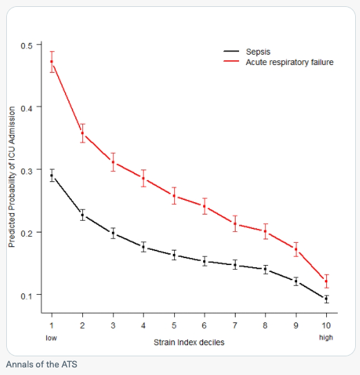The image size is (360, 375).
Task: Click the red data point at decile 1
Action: pos(52,62)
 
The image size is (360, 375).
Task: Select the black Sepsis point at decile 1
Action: pos(52,176)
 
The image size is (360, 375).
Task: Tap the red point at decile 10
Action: pos(326,281)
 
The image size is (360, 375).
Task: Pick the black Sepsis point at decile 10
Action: pos(326,299)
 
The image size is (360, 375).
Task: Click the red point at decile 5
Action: pos(174,196)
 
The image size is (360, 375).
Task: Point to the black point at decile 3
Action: pos(113,233)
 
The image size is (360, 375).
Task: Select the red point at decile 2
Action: pos(83,133)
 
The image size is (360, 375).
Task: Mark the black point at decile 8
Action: pos(265,268)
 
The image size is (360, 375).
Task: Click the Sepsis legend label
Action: pos(258,52)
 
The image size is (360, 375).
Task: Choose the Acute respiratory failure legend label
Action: pos(290,62)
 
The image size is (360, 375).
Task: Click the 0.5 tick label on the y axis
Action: pos(27,45)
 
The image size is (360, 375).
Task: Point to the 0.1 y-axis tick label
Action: pos(27,295)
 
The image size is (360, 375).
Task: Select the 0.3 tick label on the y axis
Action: pos(27,170)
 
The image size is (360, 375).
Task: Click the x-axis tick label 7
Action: pos(235,325)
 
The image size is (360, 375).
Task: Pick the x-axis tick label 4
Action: pos(144,325)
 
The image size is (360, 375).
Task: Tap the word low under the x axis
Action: pos(51,338)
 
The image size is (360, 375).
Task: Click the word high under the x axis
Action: pos(325,338)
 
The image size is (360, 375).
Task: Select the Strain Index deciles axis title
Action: pos(189,342)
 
